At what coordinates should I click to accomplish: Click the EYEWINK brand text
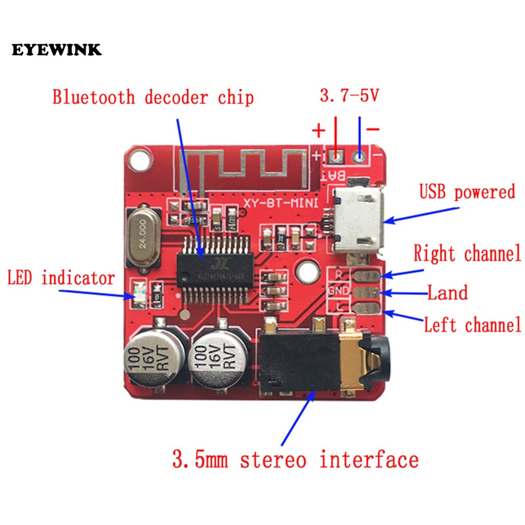tap(57, 50)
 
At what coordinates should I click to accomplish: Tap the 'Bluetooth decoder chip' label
tap(153, 98)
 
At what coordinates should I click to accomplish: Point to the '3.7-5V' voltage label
tap(349, 96)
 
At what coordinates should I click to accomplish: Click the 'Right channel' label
tap(467, 254)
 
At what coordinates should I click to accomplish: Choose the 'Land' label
tap(447, 293)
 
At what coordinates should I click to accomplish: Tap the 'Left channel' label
tap(472, 325)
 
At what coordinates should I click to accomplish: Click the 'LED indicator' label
tap(61, 278)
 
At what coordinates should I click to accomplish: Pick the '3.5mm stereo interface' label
tap(295, 460)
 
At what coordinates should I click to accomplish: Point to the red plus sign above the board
tap(318, 130)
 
